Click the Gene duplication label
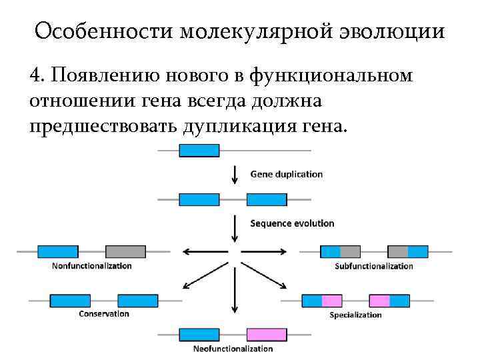[x=286, y=174]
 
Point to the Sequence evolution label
[x=292, y=223]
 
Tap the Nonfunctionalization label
[x=91, y=265]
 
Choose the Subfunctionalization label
[x=373, y=266]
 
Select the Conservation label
[x=103, y=313]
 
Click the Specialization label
[x=355, y=315]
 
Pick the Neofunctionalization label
[x=233, y=349]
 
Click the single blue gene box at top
[x=199, y=151]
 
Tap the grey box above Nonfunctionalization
[x=125, y=251]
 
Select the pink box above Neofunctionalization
[x=267, y=334]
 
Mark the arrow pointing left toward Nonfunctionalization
[x=203, y=251]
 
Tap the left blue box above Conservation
[x=70, y=300]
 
